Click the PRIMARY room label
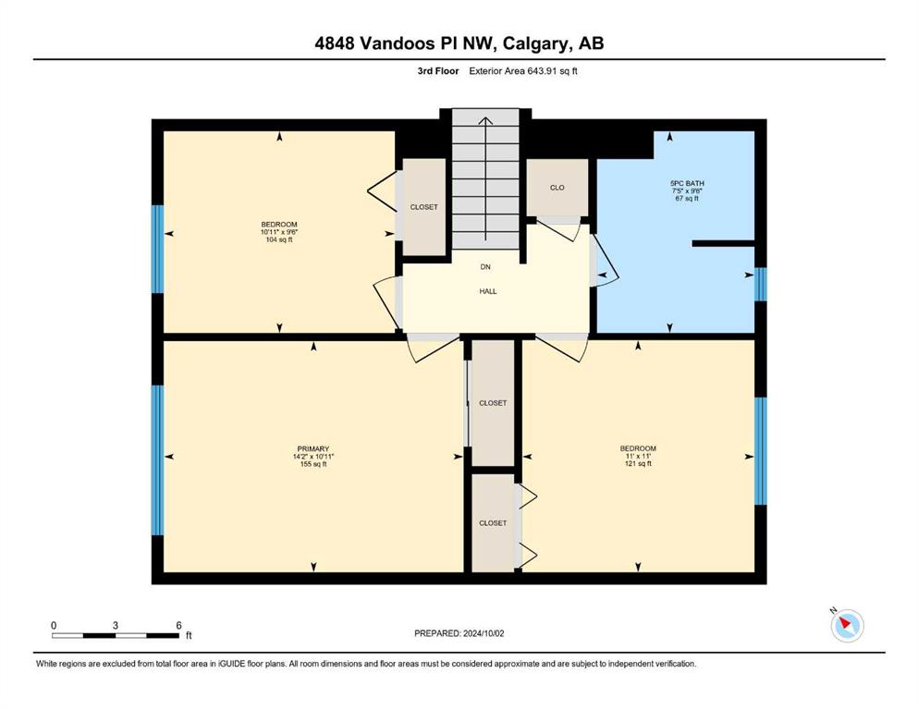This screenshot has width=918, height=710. [x=313, y=449]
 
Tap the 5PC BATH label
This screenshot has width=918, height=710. [x=687, y=183]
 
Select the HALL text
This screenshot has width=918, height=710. [x=488, y=291]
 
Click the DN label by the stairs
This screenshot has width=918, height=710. [x=485, y=267]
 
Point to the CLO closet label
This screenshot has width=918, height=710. [x=557, y=188]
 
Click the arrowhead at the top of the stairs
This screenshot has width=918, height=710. [x=485, y=120]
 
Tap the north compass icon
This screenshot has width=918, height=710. [x=847, y=625]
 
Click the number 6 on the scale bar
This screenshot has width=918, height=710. [x=179, y=625]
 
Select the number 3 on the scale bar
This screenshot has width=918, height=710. [x=116, y=625]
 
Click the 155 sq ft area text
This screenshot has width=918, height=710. [x=313, y=464]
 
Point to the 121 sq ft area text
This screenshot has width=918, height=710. [x=638, y=463]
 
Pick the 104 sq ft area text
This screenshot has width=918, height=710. [x=278, y=239]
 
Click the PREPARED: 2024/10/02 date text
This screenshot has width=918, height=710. [x=459, y=633]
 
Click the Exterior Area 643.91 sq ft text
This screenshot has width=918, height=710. [x=523, y=71]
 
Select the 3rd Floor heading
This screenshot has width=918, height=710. [x=438, y=71]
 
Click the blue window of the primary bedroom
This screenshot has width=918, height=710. [x=157, y=460]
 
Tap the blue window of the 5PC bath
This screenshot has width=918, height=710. [x=760, y=284]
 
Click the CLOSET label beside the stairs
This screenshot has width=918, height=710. [x=424, y=207]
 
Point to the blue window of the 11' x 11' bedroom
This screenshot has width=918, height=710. [x=760, y=451]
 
